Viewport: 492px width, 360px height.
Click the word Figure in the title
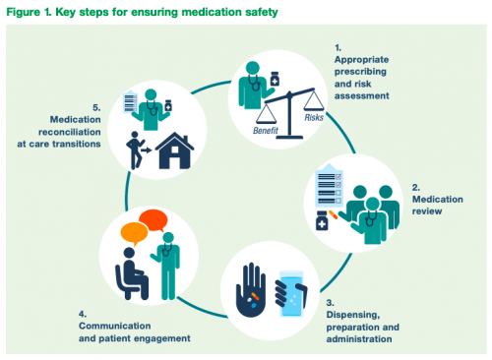25,11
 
